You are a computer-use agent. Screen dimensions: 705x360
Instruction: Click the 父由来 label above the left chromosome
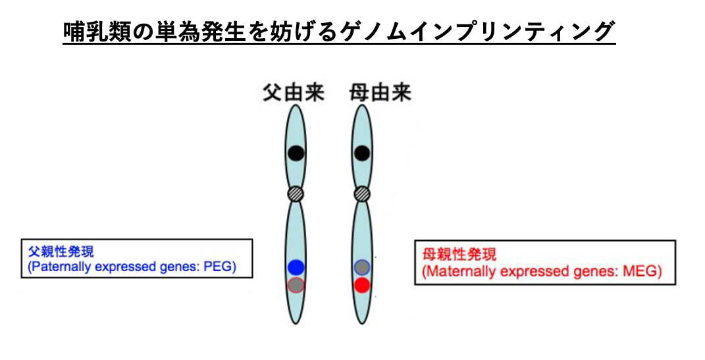click(x=294, y=93)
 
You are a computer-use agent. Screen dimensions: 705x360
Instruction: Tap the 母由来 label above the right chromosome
click(x=380, y=93)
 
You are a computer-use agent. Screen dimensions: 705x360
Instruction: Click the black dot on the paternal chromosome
click(x=296, y=153)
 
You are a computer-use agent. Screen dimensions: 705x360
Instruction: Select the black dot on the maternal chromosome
click(x=362, y=153)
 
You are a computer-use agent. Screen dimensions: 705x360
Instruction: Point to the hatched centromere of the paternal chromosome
click(x=296, y=194)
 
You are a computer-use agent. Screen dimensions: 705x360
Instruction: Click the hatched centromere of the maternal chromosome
click(x=362, y=194)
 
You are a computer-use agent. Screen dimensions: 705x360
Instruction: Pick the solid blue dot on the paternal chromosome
click(x=296, y=267)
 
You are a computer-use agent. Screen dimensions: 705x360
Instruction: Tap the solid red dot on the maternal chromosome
click(x=362, y=286)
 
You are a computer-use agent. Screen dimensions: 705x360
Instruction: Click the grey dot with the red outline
click(x=296, y=286)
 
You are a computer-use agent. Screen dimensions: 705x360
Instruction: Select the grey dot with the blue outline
click(x=362, y=267)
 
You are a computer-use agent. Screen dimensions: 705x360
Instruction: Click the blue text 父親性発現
click(x=61, y=251)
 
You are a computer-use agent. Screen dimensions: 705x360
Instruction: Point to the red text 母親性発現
click(x=459, y=255)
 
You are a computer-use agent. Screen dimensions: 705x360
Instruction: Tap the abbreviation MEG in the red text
click(x=642, y=271)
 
